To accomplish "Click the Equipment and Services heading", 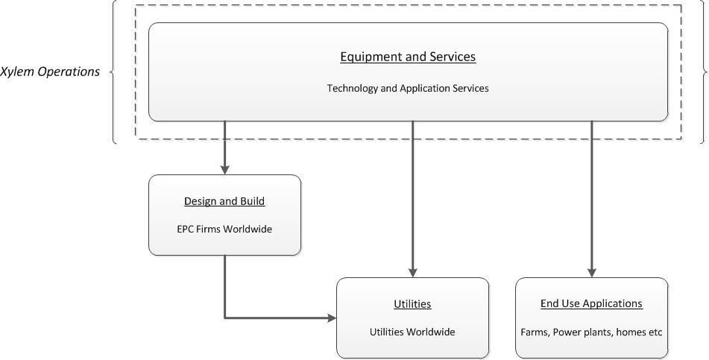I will coord(408,57).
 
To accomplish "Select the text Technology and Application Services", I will coord(408,88).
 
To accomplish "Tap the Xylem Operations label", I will coord(50,72).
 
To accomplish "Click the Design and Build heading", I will coord(224,201).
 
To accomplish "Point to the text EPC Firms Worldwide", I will coord(224,229).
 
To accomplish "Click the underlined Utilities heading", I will coord(412,304).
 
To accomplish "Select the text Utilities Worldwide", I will coord(412,332).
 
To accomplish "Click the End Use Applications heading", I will coord(591,303).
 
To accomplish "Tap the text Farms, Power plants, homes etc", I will coord(591,332).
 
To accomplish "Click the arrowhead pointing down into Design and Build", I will coord(224,169).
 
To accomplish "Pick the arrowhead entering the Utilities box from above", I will coord(412,272).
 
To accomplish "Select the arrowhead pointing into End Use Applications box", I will coord(592,272).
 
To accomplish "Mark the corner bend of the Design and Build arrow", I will coord(224,318).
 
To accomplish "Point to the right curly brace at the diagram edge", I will coord(703,72).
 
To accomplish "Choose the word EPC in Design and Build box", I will coord(186,229).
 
